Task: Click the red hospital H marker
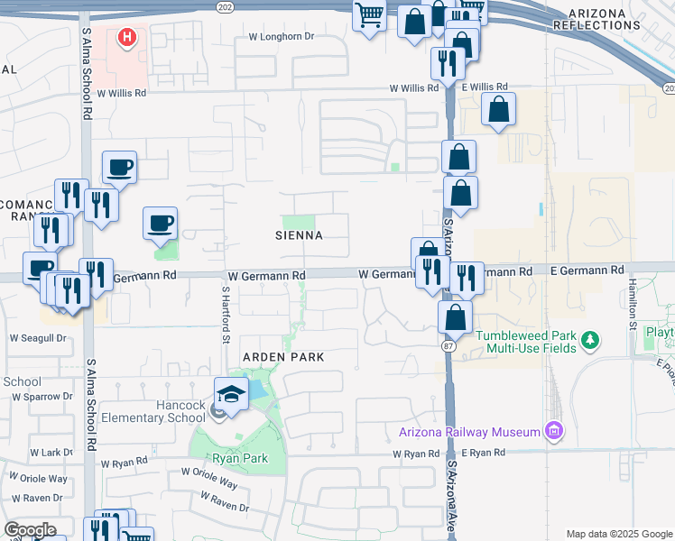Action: click(x=127, y=38)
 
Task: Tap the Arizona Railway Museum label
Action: click(x=468, y=432)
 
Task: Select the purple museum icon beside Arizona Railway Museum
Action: click(x=553, y=432)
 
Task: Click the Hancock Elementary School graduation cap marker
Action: click(x=231, y=394)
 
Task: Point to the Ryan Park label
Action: click(x=240, y=458)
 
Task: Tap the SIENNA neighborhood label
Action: click(x=299, y=235)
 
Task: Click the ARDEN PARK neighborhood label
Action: click(x=282, y=357)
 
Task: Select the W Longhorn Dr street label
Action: click(x=281, y=38)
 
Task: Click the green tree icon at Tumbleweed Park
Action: click(x=590, y=340)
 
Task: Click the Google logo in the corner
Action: click(x=30, y=530)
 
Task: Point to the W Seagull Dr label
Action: click(x=39, y=338)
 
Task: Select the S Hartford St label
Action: click(x=222, y=316)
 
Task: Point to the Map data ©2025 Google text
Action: click(x=618, y=534)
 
